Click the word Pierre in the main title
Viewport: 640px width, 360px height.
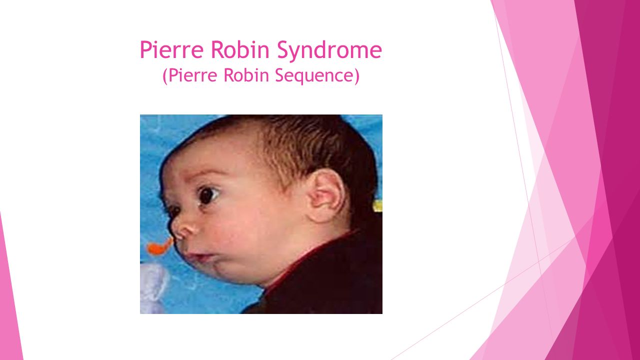[x=171, y=49]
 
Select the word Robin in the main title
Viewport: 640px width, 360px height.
[x=240, y=49]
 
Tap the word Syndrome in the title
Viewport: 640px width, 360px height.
[x=329, y=51]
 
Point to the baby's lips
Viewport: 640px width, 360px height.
[x=199, y=256]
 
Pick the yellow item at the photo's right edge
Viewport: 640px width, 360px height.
[x=378, y=205]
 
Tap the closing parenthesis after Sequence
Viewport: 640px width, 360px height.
[x=357, y=76]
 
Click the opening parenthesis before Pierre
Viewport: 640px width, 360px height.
[x=165, y=76]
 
